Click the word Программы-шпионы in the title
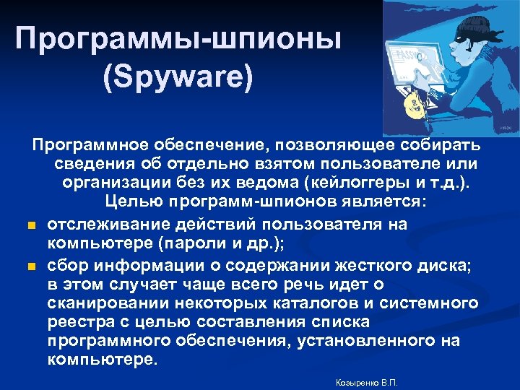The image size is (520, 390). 178,39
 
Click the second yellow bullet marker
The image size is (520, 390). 32,267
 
